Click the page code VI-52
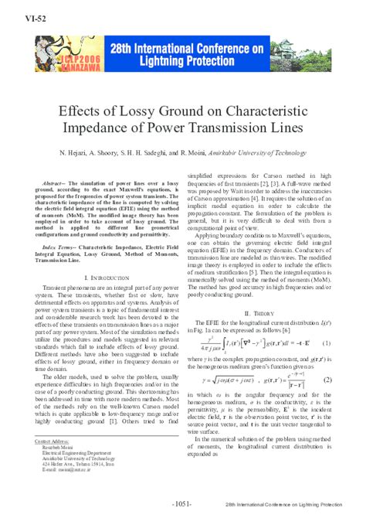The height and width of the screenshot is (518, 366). click(x=18, y=16)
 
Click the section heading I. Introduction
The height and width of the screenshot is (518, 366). click(x=103, y=276)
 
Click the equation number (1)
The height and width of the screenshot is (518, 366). click(x=327, y=320)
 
